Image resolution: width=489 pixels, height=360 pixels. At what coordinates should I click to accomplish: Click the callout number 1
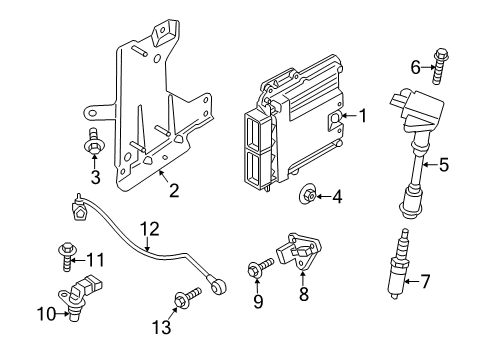pyautogui.click(x=364, y=117)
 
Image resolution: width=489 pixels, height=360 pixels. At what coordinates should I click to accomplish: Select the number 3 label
pyautogui.click(x=95, y=178)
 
